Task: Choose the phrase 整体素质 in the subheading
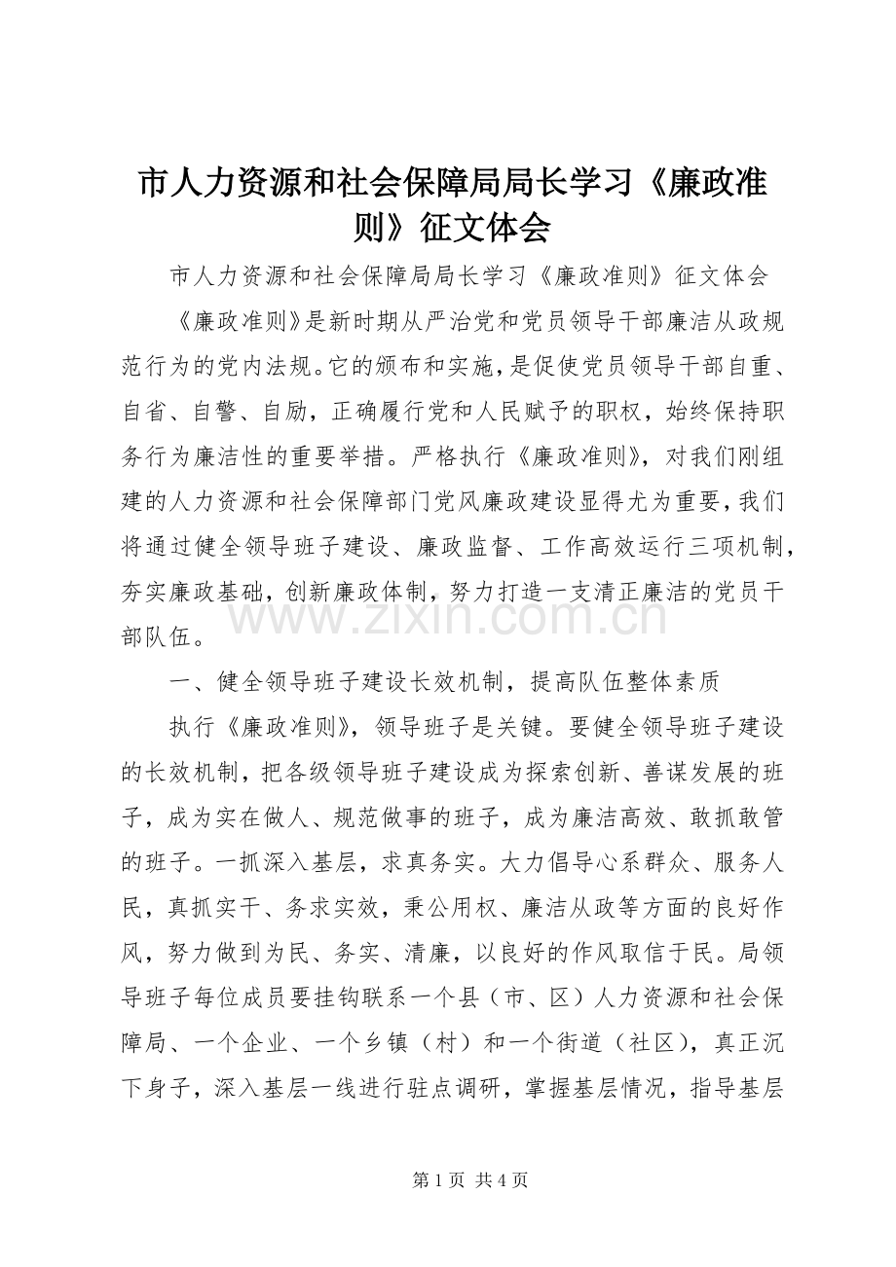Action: pyautogui.click(x=672, y=683)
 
